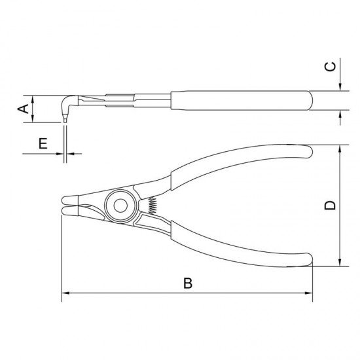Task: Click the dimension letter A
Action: (24, 109)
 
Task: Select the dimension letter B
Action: (188, 283)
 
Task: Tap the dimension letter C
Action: (330, 67)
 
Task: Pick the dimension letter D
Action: (330, 205)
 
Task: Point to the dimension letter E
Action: (43, 143)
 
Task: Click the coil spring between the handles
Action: (153, 205)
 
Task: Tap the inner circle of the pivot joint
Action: (120, 206)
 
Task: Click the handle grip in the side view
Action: (241, 101)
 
